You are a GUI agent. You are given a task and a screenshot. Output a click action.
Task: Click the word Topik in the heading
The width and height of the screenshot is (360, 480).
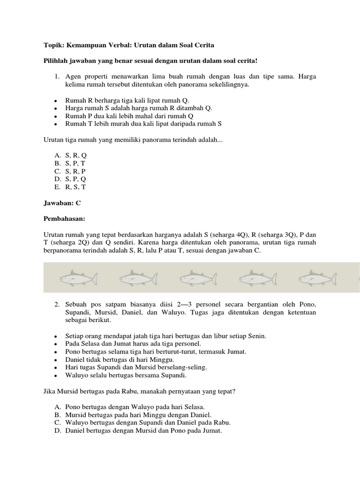52,45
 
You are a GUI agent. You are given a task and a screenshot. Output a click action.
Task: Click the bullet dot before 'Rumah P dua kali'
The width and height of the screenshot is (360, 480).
56,116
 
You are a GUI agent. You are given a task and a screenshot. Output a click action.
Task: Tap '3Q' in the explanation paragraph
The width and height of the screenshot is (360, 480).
287,235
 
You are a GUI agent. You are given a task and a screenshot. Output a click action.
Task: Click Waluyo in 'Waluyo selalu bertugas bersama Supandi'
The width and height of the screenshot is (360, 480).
77,375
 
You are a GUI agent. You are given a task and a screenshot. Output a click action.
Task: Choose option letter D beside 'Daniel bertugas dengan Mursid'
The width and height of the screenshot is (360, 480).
58,431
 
